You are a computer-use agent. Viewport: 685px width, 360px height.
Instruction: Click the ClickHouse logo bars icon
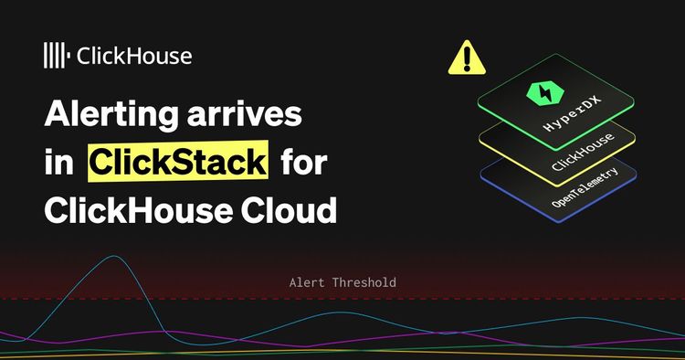tap(56, 55)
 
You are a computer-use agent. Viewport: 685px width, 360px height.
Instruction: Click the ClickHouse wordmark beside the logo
tap(134, 55)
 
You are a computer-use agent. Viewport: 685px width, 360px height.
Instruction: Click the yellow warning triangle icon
tap(468, 58)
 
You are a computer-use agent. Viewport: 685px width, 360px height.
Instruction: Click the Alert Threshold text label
tap(342, 283)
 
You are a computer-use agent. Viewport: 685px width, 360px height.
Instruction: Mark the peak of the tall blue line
tap(113, 257)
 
